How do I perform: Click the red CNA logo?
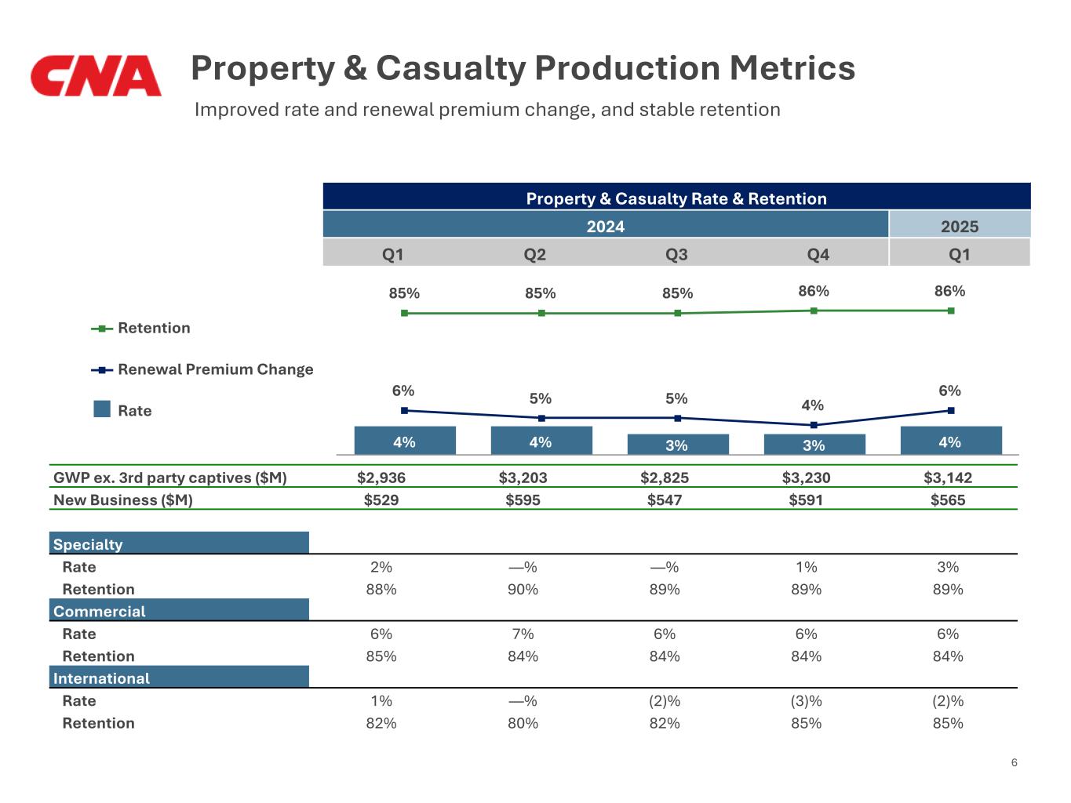[x=96, y=75]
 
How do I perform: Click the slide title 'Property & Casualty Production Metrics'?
[x=523, y=68]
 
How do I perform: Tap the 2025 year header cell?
[x=959, y=226]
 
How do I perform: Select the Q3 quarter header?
[x=676, y=254]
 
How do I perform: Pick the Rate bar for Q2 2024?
[x=541, y=441]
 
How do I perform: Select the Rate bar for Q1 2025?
[x=950, y=441]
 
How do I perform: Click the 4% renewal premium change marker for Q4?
[x=814, y=425]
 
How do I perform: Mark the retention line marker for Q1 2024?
[x=404, y=313]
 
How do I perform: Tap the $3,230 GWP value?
[x=806, y=478]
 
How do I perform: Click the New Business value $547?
[x=664, y=500]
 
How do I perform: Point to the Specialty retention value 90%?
[x=523, y=589]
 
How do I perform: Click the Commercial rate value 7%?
[x=523, y=634]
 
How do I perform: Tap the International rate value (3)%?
[x=806, y=701]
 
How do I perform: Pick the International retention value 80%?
[x=523, y=723]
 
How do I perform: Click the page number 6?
[x=1014, y=762]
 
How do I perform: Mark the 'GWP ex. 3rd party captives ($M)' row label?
[x=169, y=478]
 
